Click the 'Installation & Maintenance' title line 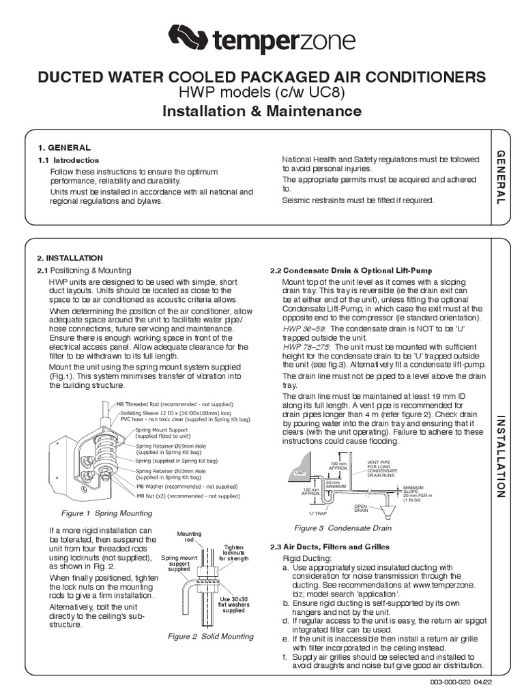(x=261, y=110)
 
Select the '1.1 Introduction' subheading (x=68, y=160)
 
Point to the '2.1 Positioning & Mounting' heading (x=83, y=271)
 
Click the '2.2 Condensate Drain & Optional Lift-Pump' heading (x=351, y=271)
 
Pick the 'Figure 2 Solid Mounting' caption (x=211, y=636)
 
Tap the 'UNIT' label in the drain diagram (x=298, y=472)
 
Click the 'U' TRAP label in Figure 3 (x=319, y=513)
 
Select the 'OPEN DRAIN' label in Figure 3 (x=361, y=509)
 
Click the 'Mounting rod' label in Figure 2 (x=185, y=536)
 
